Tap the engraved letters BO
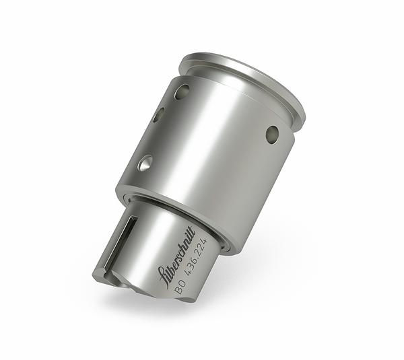click(x=181, y=289)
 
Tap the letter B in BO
click(x=178, y=292)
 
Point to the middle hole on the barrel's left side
click(x=158, y=115)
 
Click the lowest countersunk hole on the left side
click(x=145, y=162)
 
